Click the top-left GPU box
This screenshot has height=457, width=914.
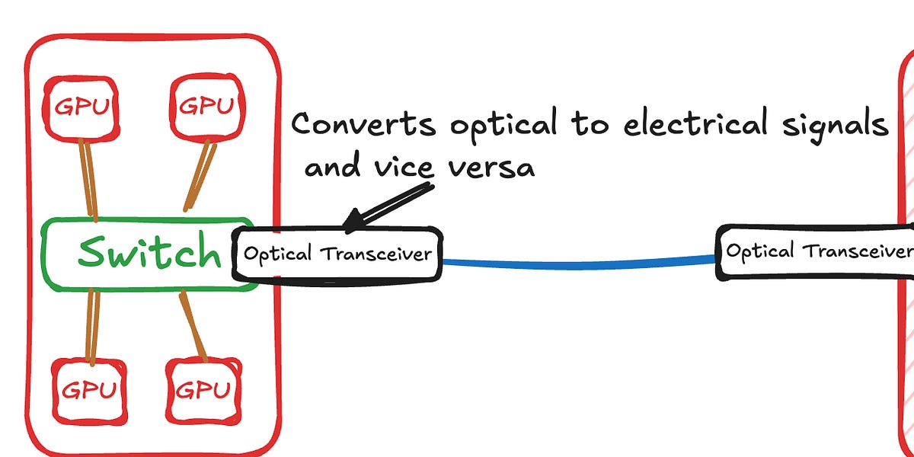click(81, 107)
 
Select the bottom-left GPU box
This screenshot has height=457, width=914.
click(89, 391)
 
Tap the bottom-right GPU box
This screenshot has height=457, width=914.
click(203, 391)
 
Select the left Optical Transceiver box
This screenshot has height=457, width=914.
click(337, 254)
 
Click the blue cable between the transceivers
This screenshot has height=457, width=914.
click(579, 265)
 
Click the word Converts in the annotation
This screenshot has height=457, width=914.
click(363, 123)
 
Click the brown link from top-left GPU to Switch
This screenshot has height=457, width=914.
click(89, 179)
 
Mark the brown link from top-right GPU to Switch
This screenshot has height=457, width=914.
click(200, 177)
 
